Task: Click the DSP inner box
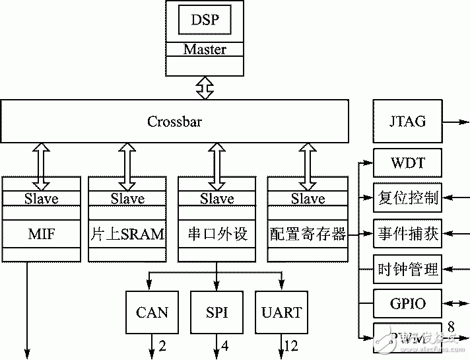[x=205, y=20]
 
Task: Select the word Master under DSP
[x=205, y=50]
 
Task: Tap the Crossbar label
[x=174, y=122]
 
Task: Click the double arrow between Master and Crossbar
[x=205, y=88]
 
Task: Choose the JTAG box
[x=407, y=122]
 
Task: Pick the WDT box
[x=407, y=162]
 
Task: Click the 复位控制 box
[x=407, y=198]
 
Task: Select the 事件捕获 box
[x=407, y=234]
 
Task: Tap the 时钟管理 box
[x=407, y=270]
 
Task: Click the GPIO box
[x=407, y=305]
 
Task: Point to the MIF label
[x=41, y=234]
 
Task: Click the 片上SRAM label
[x=127, y=234]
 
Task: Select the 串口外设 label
[x=217, y=234]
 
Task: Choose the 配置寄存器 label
[x=308, y=234]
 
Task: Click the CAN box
[x=152, y=312]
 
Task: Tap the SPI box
[x=217, y=312]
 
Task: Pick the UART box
[x=282, y=312]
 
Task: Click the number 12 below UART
[x=291, y=345]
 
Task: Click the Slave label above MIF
[x=41, y=199]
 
